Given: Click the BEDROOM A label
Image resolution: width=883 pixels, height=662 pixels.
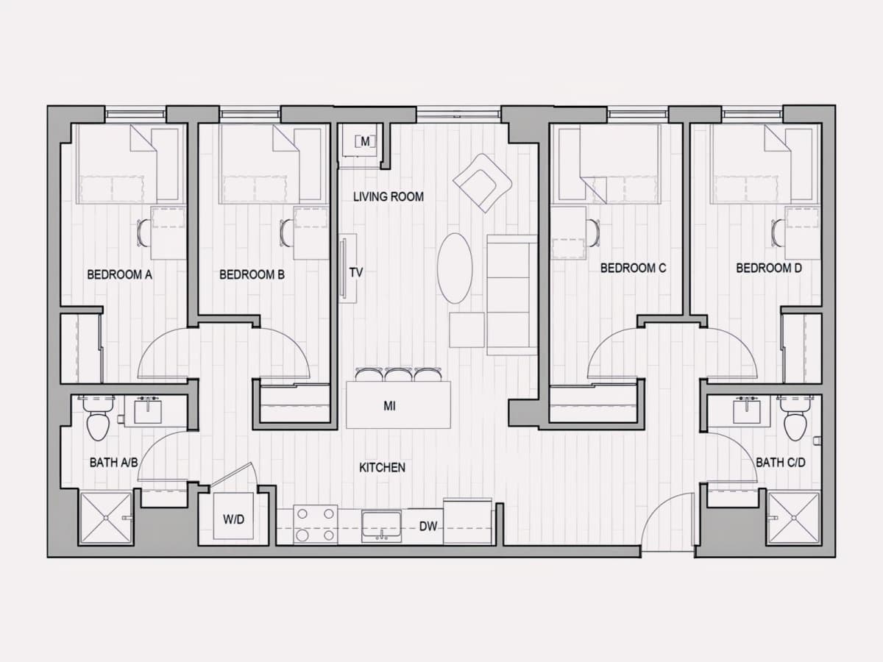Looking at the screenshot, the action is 119,274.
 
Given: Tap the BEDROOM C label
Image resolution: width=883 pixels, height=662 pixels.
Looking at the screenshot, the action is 634,268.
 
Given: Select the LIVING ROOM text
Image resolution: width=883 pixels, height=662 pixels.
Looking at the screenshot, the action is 389,196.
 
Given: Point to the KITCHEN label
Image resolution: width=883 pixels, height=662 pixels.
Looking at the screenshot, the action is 382,468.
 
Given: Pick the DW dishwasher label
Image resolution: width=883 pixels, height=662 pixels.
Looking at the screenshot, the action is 428,526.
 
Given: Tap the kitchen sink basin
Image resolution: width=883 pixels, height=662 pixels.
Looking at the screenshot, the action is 381,524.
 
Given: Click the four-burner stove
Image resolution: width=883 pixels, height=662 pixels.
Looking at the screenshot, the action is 316,524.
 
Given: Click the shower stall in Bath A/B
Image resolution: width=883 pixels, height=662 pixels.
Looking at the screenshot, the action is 107,518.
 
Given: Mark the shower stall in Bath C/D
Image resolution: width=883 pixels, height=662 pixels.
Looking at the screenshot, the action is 794,518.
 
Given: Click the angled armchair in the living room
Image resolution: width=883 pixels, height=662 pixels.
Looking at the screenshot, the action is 482,183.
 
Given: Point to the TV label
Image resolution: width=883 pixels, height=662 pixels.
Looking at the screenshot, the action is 356,272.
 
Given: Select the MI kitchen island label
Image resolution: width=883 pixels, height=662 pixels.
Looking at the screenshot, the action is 389,406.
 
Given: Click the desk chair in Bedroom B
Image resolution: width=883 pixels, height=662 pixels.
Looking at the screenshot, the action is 286,232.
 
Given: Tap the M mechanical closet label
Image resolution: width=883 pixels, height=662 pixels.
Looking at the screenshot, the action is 365,141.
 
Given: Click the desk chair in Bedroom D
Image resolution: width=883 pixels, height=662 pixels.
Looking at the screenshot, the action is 779,232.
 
